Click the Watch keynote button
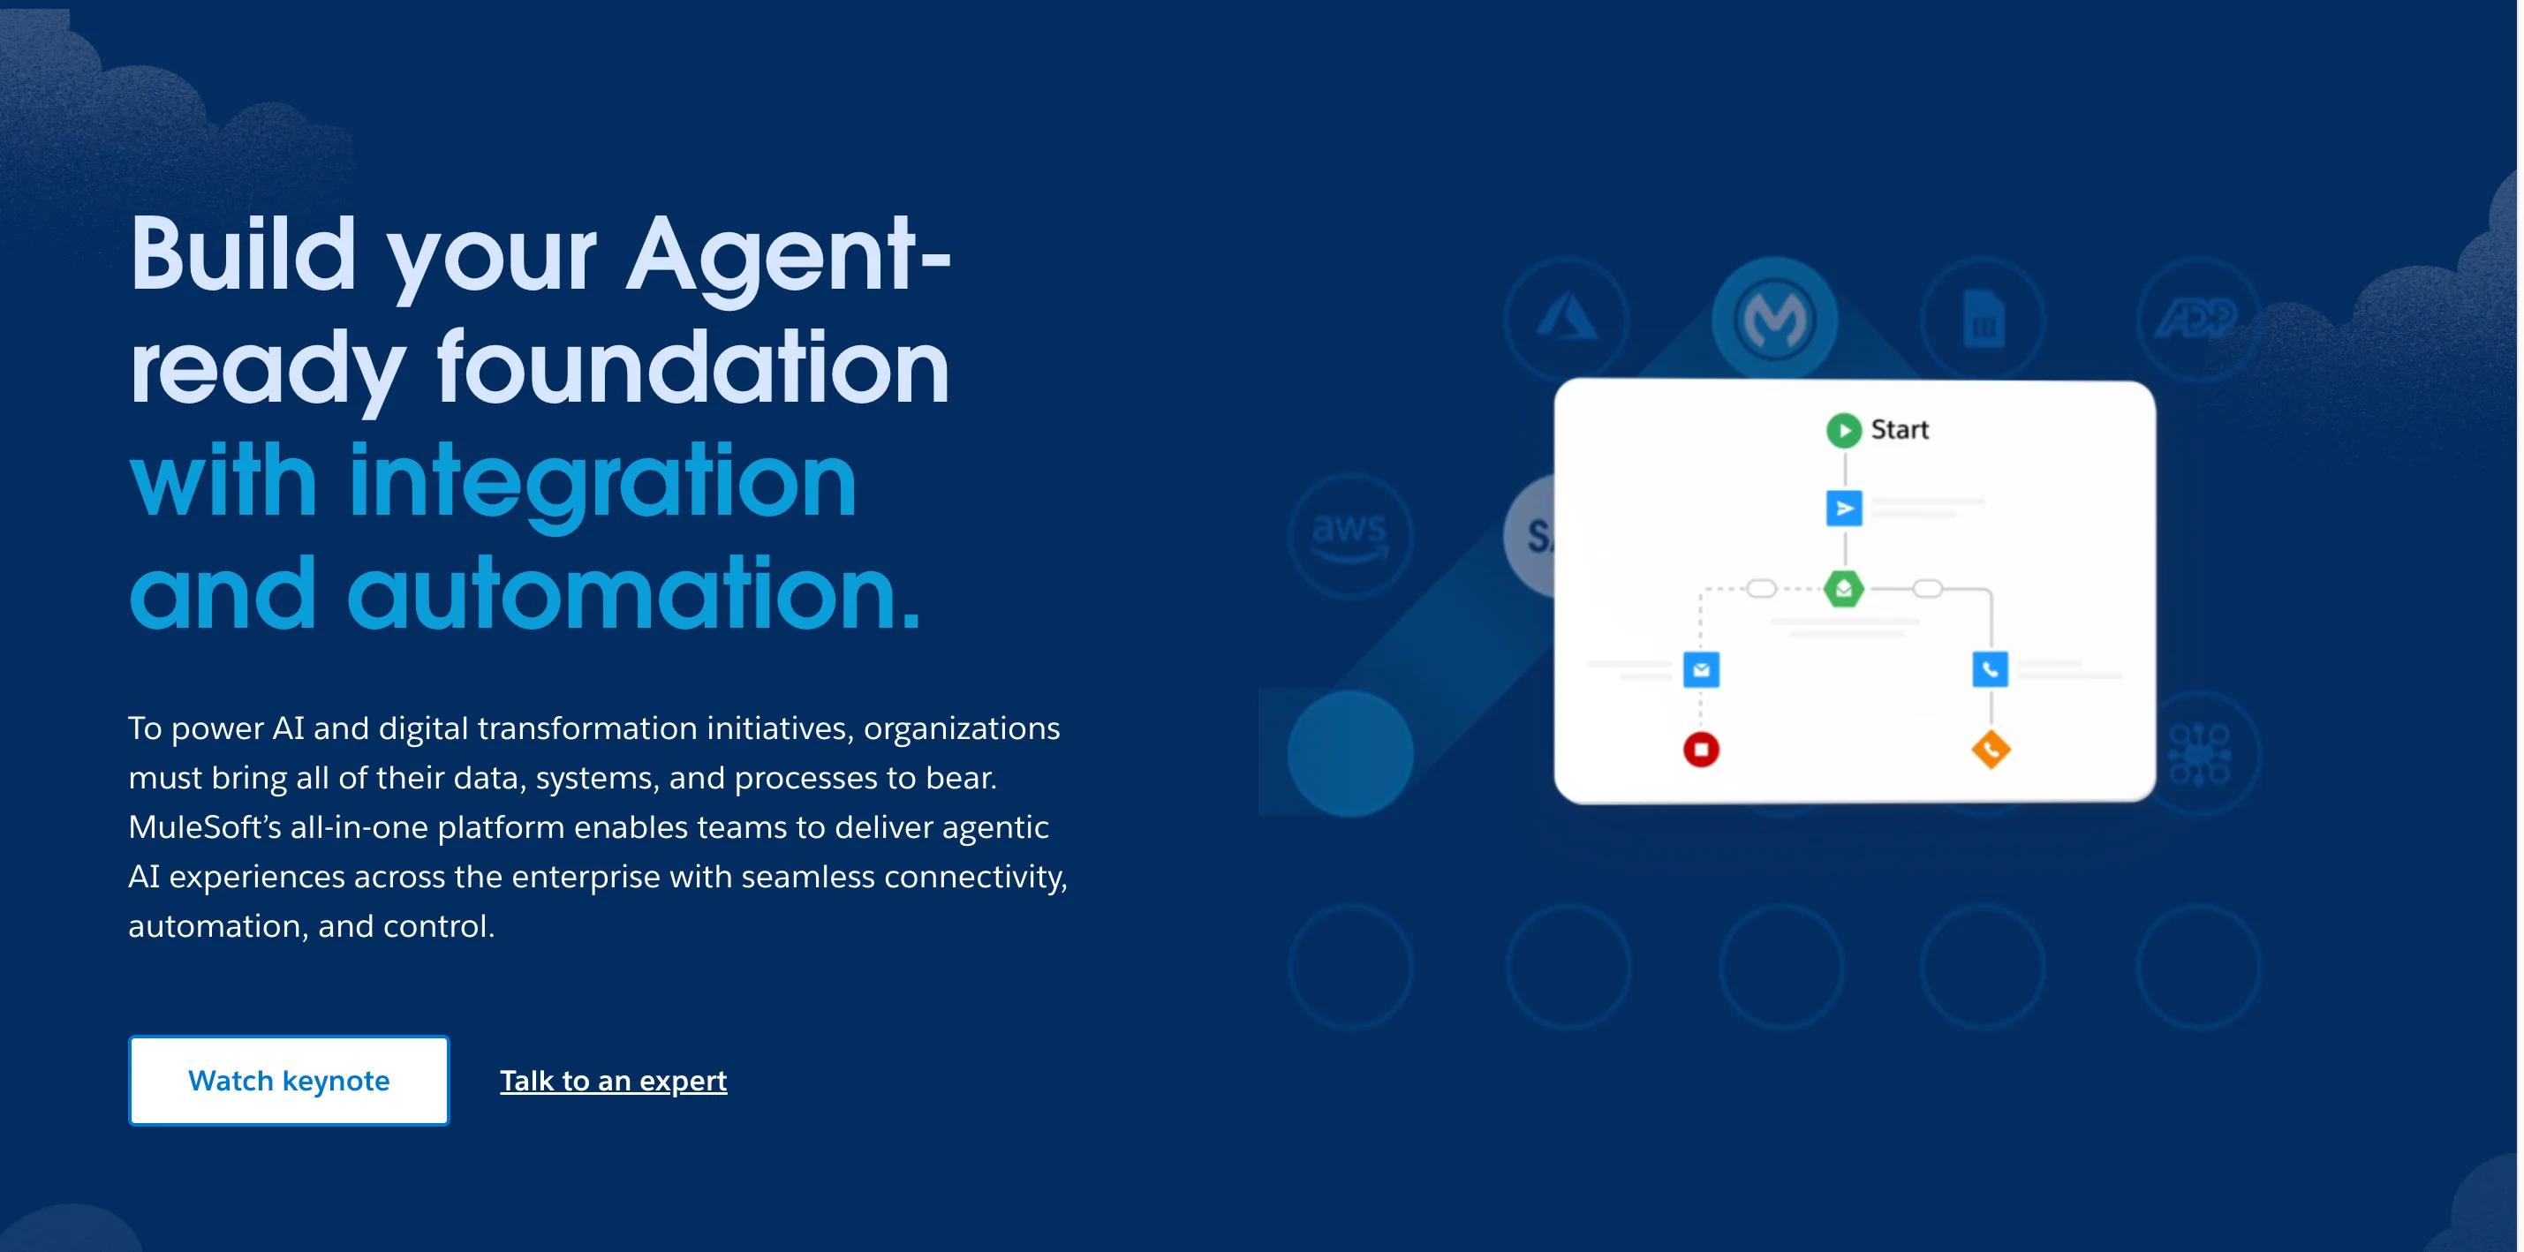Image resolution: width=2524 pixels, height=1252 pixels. coord(288,1080)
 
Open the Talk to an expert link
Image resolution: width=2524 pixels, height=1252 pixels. coord(614,1080)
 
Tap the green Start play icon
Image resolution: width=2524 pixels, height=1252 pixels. coord(1843,430)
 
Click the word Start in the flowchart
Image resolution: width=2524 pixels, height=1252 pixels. coord(1899,429)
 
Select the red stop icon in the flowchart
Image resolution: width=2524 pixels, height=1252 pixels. coord(1701,750)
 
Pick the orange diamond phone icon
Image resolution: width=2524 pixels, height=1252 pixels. coord(1990,750)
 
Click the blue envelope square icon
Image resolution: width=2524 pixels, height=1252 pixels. coord(1701,670)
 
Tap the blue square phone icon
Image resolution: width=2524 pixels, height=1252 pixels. coord(1990,670)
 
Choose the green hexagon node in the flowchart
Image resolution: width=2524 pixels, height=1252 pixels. coord(1843,589)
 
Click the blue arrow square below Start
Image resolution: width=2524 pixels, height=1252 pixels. coord(1843,509)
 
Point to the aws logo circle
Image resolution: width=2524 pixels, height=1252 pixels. coord(1350,536)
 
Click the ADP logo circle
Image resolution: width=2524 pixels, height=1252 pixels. coord(2198,319)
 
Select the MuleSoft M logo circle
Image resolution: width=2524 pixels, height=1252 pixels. coord(1774,319)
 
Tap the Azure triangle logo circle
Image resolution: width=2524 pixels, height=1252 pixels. coord(1566,319)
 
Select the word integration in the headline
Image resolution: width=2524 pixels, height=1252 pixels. coord(602,482)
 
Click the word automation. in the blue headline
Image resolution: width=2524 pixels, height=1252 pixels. coord(634,592)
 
